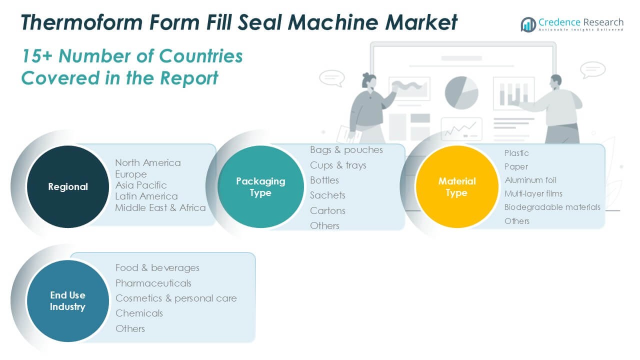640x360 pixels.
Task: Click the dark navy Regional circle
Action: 68,186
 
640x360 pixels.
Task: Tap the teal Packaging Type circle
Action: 260,186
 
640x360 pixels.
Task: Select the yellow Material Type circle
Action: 457,186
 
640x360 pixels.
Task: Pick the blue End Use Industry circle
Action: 67,301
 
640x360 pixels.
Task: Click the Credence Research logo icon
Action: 528,24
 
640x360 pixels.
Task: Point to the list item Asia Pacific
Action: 141,185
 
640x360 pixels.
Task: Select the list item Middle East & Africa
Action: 160,207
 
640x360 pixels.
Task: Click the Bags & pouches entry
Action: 346,150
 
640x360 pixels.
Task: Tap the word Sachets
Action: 327,195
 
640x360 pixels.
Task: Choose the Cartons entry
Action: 327,210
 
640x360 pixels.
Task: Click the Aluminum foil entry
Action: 530,180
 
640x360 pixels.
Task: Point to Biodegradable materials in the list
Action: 552,207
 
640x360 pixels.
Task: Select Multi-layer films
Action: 533,193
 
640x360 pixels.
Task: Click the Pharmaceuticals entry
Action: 153,283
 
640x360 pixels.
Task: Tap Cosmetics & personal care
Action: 176,298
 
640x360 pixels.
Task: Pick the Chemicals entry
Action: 139,313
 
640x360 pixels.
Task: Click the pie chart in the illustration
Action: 461,92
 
